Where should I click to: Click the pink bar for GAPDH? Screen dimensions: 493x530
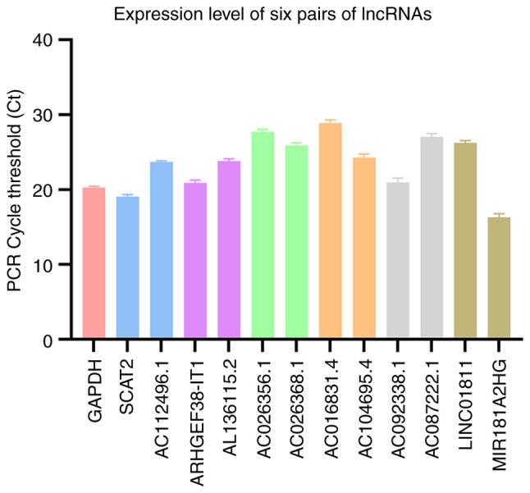94,262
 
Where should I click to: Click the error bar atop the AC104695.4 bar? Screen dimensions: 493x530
363,155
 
